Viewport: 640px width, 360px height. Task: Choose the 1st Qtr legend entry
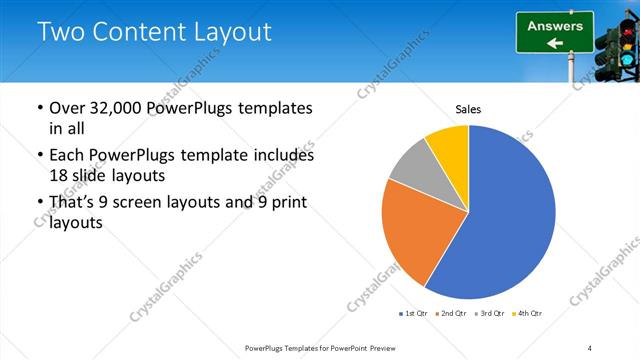click(x=412, y=315)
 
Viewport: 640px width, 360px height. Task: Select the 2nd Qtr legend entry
click(x=451, y=315)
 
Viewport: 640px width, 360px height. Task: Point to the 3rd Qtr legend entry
click(x=489, y=315)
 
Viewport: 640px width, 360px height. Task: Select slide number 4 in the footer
click(x=590, y=347)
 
